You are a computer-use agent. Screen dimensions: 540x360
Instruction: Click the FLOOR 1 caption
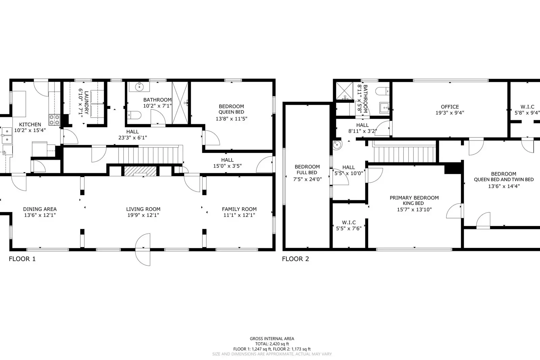click(22, 259)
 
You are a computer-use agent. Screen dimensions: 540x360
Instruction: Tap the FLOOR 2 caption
click(295, 259)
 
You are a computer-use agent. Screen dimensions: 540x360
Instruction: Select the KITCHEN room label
click(30, 124)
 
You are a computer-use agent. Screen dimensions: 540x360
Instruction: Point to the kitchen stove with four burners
click(54, 120)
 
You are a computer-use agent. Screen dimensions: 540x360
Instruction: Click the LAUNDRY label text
click(86, 102)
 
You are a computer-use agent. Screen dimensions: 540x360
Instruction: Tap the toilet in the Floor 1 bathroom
click(134, 115)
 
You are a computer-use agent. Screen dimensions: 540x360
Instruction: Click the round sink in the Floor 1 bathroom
click(139, 86)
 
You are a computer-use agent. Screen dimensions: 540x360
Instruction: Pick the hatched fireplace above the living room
click(140, 171)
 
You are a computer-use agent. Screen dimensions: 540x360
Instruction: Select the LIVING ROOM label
click(143, 209)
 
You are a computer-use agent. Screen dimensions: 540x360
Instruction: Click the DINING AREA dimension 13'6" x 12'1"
click(40, 215)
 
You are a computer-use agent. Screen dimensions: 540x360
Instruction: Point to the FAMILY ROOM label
click(239, 209)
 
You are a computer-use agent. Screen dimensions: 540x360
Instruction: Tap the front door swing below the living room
click(143, 250)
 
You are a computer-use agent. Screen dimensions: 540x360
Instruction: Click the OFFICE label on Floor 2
click(450, 107)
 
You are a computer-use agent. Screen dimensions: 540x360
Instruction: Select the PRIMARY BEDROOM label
click(414, 198)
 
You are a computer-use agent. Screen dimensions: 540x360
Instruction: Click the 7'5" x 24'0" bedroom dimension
click(307, 179)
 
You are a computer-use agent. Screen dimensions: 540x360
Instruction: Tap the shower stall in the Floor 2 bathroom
click(344, 91)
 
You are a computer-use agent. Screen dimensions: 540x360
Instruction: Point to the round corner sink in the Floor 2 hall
click(337, 145)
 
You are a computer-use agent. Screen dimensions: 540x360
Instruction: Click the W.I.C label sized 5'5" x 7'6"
click(349, 222)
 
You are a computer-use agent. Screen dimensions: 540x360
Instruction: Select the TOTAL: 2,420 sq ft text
click(272, 344)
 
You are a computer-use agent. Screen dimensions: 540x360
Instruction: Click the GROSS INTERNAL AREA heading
click(272, 338)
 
